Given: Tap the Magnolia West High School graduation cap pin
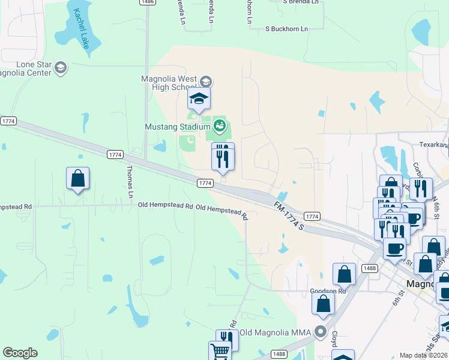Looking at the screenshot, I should point(199,98).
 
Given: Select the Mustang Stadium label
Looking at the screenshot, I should point(178,127).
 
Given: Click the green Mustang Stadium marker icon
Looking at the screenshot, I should point(220,126).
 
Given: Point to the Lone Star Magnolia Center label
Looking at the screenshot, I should point(26,69).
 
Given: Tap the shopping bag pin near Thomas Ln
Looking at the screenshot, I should point(77,178).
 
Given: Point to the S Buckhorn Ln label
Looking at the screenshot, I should point(286,29).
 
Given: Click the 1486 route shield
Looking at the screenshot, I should point(146,2).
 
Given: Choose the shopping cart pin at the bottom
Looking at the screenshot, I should point(220,352).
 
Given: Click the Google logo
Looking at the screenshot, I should point(20,353).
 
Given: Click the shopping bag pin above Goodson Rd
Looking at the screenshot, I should point(345,274).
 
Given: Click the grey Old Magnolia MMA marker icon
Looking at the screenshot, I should point(321,332).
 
